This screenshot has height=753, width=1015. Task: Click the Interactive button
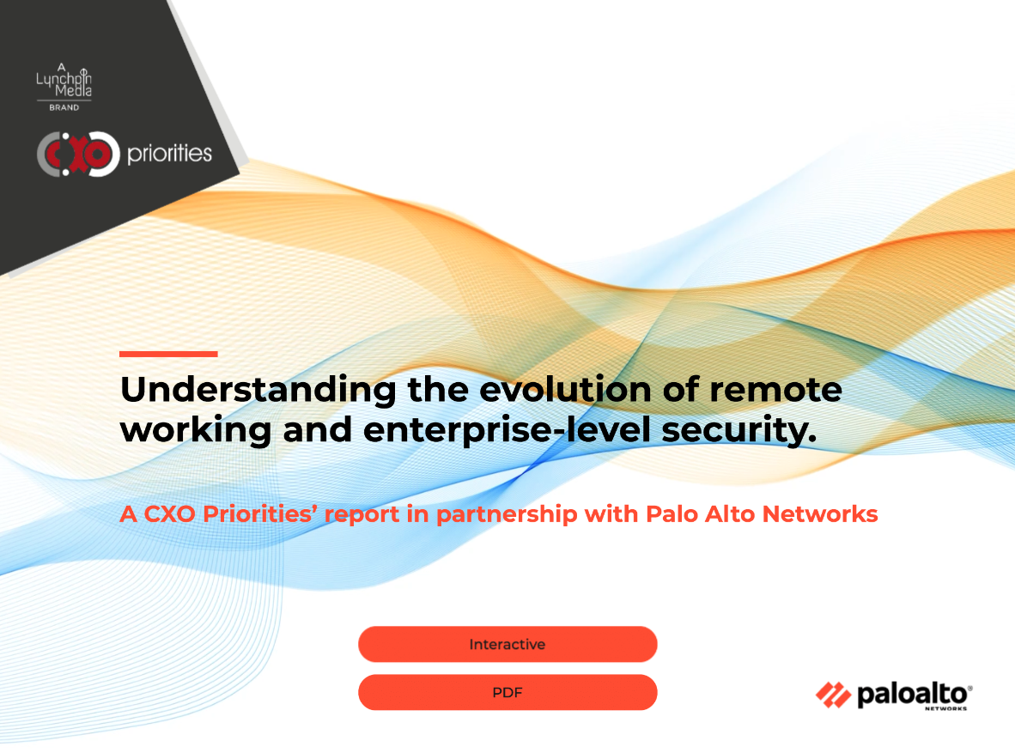coord(507,644)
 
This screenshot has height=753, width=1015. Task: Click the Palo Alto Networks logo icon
coord(833,695)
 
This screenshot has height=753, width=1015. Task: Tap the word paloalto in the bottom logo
coord(913,695)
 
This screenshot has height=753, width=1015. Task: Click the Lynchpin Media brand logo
coord(64,87)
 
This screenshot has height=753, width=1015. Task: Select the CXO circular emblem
coord(78,154)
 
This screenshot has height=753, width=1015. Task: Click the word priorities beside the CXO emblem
coord(170,154)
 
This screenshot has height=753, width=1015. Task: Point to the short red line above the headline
coord(168,354)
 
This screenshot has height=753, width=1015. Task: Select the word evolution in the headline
coord(565,389)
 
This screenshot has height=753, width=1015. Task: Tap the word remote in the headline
coord(775,390)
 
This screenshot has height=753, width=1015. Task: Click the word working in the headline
coord(196,430)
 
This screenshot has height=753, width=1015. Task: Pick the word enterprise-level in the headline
coord(507,430)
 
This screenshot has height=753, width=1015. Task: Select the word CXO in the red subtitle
coord(169,514)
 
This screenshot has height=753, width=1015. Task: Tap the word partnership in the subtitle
coord(507,514)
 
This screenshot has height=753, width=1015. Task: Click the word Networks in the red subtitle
coord(820,514)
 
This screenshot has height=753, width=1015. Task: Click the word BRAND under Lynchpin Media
coord(64,107)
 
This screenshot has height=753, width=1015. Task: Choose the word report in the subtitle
coord(362,515)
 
